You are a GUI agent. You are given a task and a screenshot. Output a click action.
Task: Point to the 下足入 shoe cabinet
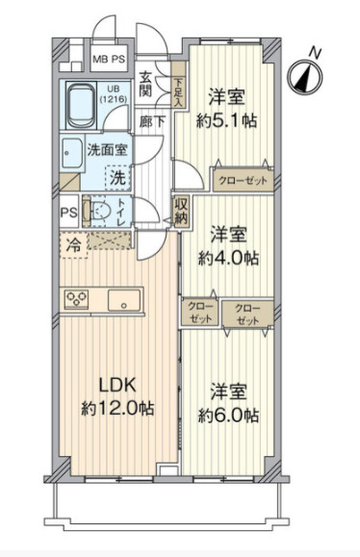tap(178, 91)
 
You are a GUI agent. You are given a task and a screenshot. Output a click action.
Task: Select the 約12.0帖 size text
tap(117, 407)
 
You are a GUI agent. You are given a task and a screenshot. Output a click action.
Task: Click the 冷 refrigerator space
tap(74, 244)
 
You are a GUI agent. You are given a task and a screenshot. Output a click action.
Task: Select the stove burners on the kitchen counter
tap(75, 299)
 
